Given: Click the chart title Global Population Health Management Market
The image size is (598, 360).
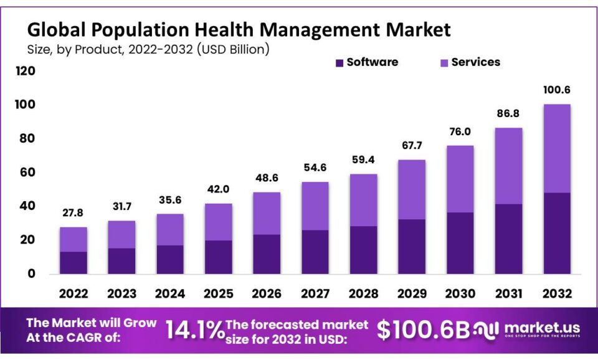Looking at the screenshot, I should click(x=238, y=29).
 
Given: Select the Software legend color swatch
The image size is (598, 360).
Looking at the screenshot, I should click(x=339, y=62).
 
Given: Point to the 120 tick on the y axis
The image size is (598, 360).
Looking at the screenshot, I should click(x=26, y=71).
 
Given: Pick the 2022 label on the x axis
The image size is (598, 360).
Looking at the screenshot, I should click(x=73, y=292).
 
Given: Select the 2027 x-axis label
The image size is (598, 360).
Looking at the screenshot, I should click(x=315, y=292).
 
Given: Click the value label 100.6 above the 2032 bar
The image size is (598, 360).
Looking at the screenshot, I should click(x=556, y=90).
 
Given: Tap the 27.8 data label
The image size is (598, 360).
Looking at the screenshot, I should click(x=73, y=213).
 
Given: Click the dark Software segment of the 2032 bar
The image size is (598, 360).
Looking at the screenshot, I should click(x=556, y=233).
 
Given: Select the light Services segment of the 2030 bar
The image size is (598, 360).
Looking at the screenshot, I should click(x=460, y=179).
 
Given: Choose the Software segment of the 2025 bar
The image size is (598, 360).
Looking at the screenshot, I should click(x=218, y=257).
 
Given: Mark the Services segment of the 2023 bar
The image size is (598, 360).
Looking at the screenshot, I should click(x=121, y=234).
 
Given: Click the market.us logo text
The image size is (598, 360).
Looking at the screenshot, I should click(x=542, y=328).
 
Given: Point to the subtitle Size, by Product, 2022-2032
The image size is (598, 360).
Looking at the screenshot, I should click(x=148, y=49).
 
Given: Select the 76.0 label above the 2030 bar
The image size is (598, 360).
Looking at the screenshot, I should click(x=460, y=131).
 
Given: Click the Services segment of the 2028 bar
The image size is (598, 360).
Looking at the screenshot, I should click(x=363, y=200).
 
